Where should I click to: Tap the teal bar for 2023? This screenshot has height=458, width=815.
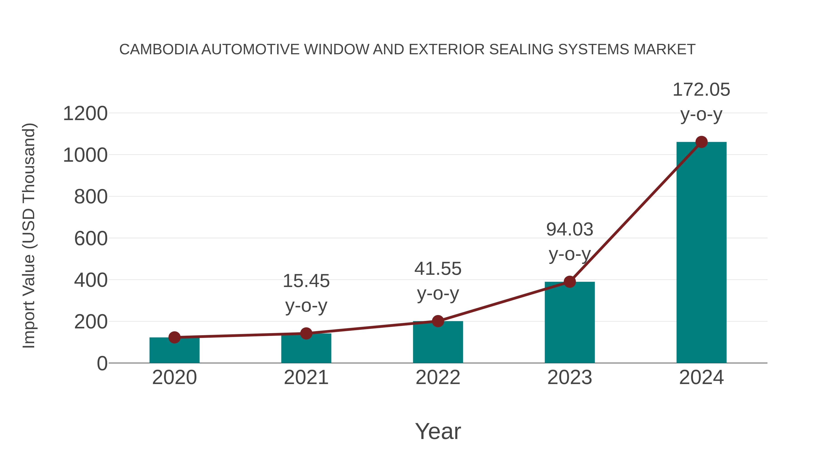tap(570, 322)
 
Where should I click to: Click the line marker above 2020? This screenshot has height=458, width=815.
tap(174, 337)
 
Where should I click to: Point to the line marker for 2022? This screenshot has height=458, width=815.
tap(438, 321)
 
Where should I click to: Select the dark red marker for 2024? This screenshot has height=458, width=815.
tap(701, 142)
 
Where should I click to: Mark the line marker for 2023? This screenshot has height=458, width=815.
tap(570, 282)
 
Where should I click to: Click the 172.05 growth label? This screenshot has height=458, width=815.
tap(701, 90)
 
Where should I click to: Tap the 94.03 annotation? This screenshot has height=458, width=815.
tap(570, 230)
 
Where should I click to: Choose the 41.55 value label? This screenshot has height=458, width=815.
tap(438, 269)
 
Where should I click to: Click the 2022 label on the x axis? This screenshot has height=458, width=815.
tap(438, 377)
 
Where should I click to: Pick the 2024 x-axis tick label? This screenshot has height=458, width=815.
tap(701, 377)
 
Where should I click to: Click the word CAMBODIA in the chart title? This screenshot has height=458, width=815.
tap(159, 49)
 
